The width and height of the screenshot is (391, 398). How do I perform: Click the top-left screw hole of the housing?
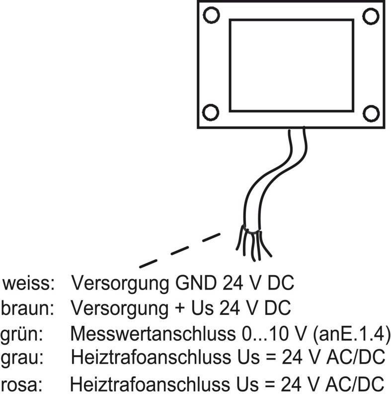212,15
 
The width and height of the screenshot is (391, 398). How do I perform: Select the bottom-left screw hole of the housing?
212,111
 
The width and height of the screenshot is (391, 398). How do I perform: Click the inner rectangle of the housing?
291,65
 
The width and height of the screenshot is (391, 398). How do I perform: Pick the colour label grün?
23,333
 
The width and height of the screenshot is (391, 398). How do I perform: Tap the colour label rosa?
23,385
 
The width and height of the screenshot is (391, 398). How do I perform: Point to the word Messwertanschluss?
150,333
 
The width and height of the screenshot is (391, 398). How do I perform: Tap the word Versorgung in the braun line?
119,308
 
